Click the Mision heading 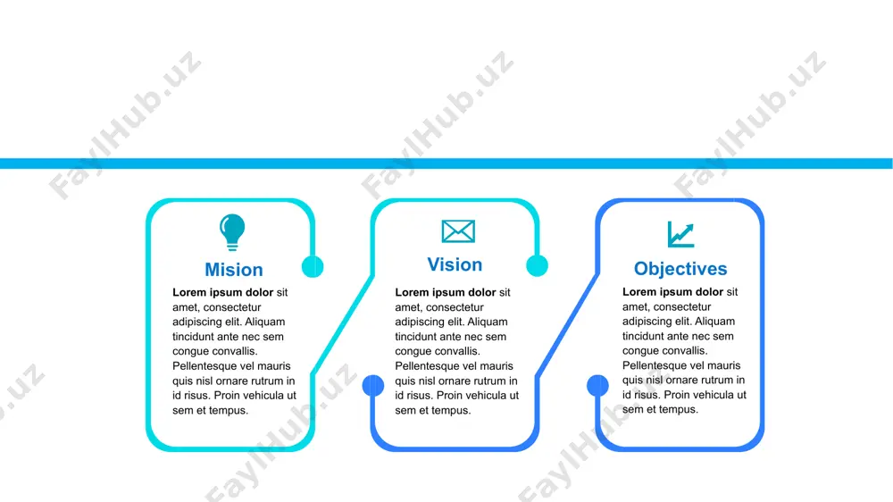tap(234, 270)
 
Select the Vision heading tap(455, 264)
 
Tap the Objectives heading tap(680, 268)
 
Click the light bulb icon tap(232, 232)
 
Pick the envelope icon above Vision tap(458, 231)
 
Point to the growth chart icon tap(681, 234)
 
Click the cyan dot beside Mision tap(313, 266)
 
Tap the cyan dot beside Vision tap(537, 265)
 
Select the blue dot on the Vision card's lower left tap(373, 386)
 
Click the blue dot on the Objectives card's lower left tap(597, 386)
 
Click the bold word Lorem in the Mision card tap(189, 292)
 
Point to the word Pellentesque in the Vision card tap(430, 366)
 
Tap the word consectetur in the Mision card tap(232, 307)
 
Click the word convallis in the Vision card tap(458, 351)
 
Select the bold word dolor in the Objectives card tap(708, 292)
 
